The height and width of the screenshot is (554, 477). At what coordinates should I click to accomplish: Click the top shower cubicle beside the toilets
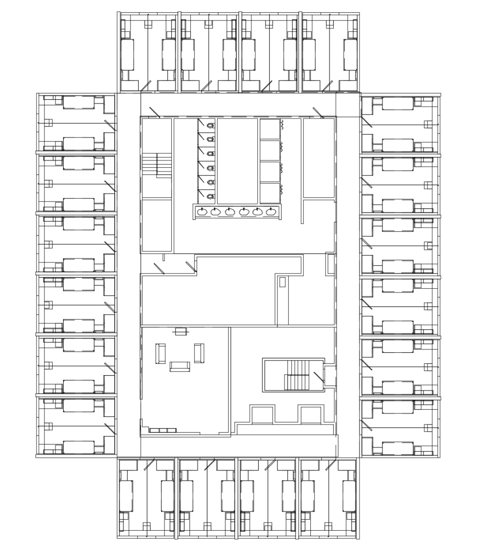[270, 129]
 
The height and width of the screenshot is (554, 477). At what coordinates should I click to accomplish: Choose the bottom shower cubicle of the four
[270, 193]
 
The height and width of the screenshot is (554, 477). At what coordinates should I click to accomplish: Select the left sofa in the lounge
[161, 354]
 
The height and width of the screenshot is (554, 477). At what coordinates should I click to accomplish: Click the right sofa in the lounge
[199, 353]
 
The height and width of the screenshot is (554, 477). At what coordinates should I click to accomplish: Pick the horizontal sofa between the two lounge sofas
[180, 366]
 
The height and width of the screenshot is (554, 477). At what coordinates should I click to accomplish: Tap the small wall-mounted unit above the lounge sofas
[181, 331]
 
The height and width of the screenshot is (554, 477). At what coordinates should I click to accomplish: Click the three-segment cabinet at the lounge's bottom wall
[162, 430]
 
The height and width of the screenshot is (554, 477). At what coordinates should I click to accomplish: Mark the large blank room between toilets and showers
[237, 161]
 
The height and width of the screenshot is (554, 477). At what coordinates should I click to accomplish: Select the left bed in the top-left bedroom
[128, 55]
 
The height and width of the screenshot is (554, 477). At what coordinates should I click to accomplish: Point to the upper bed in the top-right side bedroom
[397, 103]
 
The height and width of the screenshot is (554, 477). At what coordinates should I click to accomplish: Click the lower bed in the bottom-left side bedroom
[78, 447]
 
